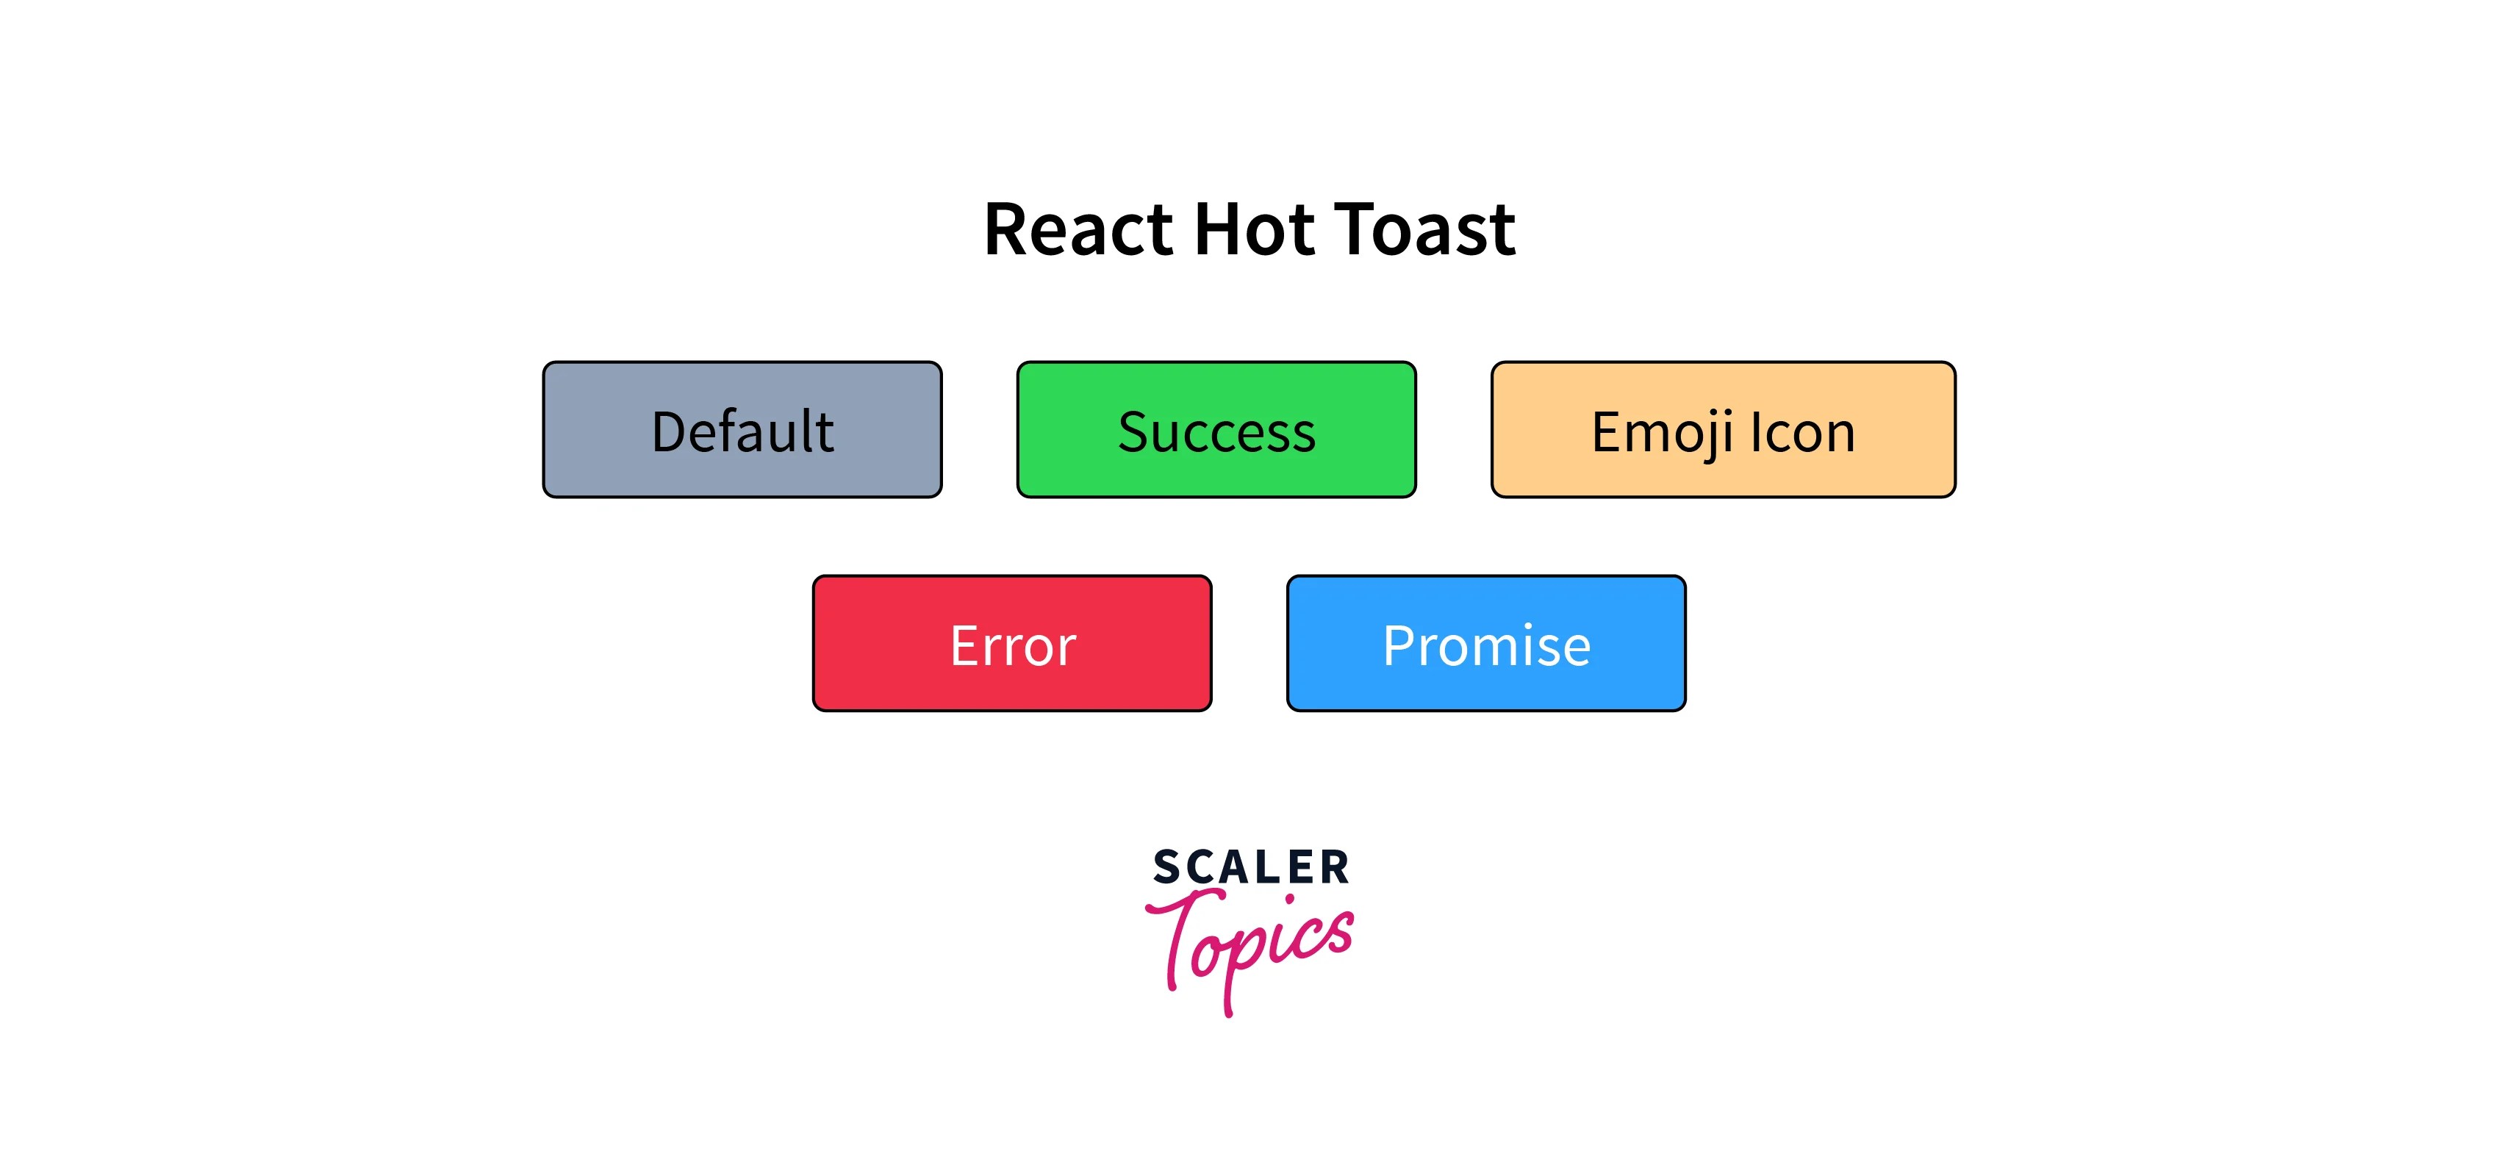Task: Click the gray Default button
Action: click(742, 430)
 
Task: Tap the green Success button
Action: click(1216, 430)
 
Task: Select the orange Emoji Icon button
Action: click(1723, 430)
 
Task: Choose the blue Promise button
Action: click(1486, 644)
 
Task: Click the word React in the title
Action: click(1079, 230)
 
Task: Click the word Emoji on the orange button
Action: click(1662, 433)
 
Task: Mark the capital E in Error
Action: click(965, 646)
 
